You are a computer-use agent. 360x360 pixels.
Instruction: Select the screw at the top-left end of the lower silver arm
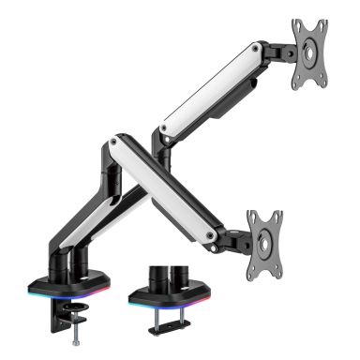pos(115,143)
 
